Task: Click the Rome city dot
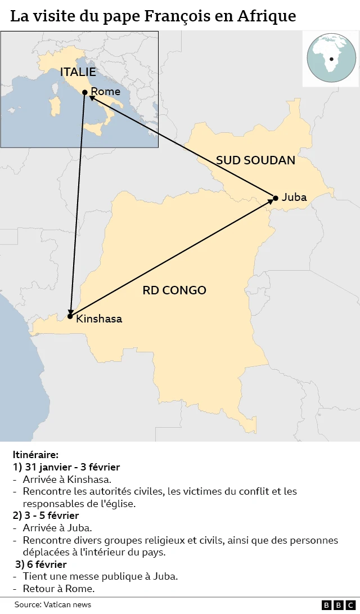click(84, 92)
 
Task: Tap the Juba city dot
click(276, 198)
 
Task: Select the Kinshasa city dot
click(70, 316)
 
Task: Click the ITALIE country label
click(78, 71)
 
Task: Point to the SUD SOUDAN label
click(255, 160)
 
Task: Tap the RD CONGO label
click(174, 290)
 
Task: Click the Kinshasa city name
click(99, 319)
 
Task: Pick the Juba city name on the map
click(294, 197)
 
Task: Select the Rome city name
click(105, 91)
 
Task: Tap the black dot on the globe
click(331, 59)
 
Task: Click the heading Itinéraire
click(35, 454)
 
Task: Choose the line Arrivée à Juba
click(57, 528)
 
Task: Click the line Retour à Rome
click(58, 589)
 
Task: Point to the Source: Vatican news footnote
click(53, 604)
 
